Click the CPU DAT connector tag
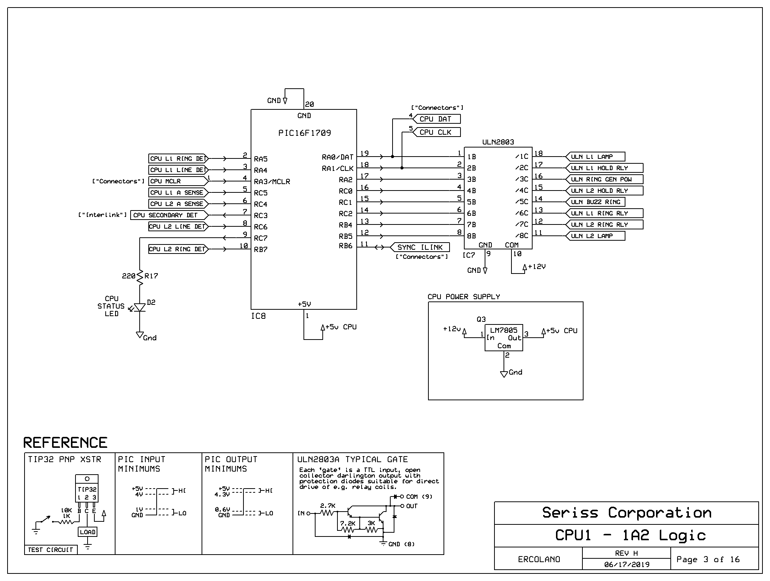pos(437,119)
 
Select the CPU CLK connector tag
pos(437,132)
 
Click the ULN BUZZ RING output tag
pos(595,202)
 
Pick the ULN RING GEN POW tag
pos(604,179)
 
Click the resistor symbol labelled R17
pos(140,277)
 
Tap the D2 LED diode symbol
pos(140,307)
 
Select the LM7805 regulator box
pos(504,338)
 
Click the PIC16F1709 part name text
pos(305,133)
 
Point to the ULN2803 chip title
pos(498,142)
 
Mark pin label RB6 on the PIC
pos(345,246)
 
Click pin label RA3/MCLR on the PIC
pos(272,181)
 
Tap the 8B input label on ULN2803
pos(471,236)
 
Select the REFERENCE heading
pos(65,443)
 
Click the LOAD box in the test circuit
pos(88,532)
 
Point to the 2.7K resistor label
pos(328,506)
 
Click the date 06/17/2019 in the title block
pos(627,564)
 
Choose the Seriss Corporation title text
pos(627,513)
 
